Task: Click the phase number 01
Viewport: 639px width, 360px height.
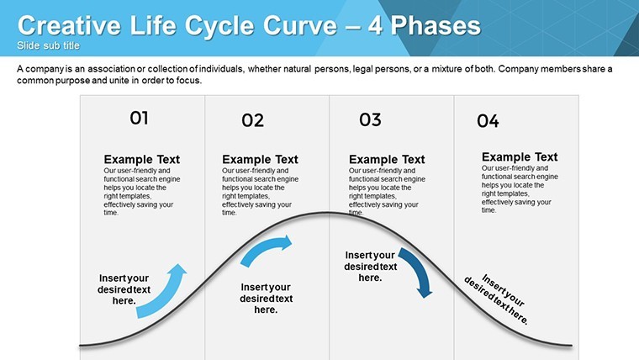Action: [x=139, y=118]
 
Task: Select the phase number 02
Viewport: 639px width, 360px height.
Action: [x=253, y=120]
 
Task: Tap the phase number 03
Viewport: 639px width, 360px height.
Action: [x=370, y=119]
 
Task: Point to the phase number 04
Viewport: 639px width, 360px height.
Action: [x=488, y=120]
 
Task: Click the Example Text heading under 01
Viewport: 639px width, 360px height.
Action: [x=142, y=159]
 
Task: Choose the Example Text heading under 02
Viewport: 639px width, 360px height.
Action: [x=260, y=159]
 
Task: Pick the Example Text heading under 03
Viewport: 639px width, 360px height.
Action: [x=387, y=159]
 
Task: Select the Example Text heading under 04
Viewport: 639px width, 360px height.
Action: [x=520, y=156]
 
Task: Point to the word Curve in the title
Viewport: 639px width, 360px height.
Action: [x=300, y=25]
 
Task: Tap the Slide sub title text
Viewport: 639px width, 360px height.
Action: [x=48, y=45]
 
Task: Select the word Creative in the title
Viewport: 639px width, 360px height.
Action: [x=69, y=25]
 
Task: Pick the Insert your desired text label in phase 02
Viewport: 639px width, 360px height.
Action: [x=267, y=299]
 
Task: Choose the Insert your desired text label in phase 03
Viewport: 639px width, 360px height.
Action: [x=371, y=267]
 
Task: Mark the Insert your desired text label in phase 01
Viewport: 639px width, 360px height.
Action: [x=124, y=289]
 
